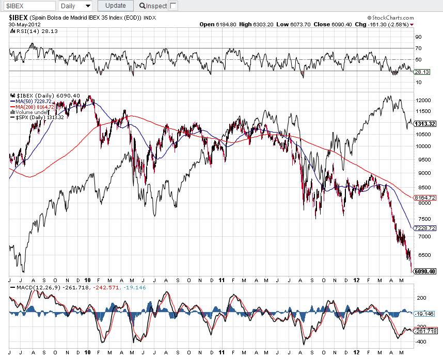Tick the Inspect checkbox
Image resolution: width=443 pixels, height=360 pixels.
[173, 6]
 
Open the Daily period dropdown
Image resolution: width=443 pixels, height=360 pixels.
[75, 6]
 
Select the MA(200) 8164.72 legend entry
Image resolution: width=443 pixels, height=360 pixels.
[36, 107]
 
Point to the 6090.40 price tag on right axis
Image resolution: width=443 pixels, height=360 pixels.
[425, 271]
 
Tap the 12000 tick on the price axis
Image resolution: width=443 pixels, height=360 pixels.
[423, 100]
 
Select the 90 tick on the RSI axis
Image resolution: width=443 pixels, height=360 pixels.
[418, 37]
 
